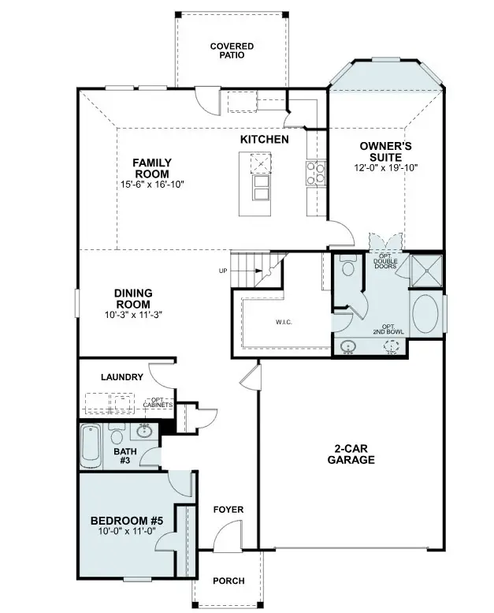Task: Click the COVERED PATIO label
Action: pos(232,51)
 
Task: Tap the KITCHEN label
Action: pos(264,139)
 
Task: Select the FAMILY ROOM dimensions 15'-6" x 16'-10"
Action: pos(152,185)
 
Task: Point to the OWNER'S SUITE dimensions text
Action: pos(386,167)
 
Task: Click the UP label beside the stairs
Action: pos(223,271)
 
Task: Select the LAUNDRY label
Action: pos(122,377)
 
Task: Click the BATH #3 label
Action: pos(125,457)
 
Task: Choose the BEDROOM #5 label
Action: pos(126,521)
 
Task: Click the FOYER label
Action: pos(228,510)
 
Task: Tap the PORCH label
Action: pos(228,581)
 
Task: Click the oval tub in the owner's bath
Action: pos(427,313)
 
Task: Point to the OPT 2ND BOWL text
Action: pos(392,329)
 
